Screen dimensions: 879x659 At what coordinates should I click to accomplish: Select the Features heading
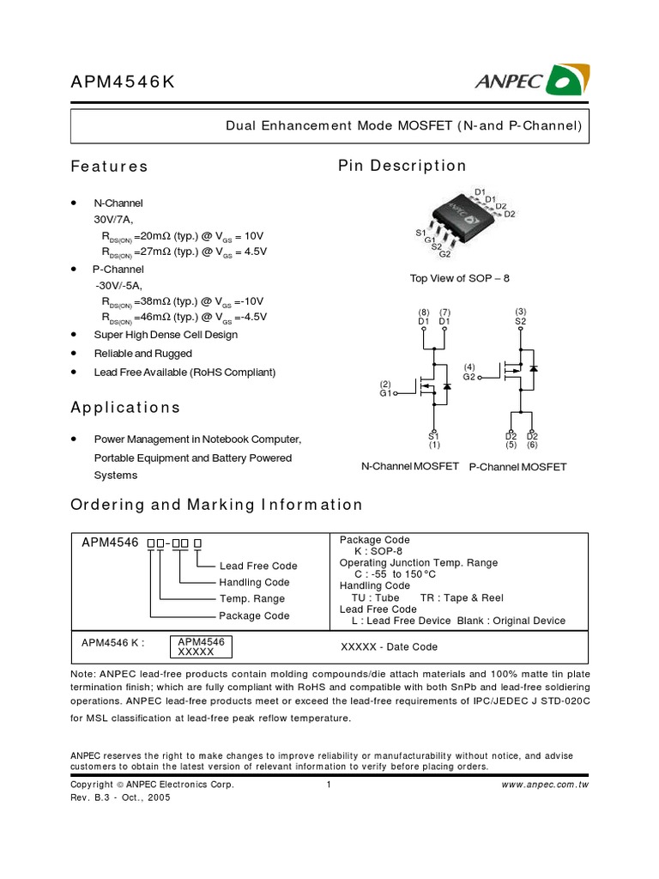[x=109, y=167]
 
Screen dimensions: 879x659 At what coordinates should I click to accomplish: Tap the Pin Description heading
[x=402, y=166]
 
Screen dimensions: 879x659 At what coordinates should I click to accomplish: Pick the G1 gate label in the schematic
[x=385, y=393]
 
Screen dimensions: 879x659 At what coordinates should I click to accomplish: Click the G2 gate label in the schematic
[x=469, y=377]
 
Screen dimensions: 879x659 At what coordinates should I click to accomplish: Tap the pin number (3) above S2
[x=520, y=311]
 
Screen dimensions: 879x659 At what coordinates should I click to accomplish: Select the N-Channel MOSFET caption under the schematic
[x=411, y=465]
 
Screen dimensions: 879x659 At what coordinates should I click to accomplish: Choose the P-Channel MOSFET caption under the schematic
[x=517, y=466]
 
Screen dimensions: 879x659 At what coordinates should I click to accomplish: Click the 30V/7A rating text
[x=114, y=220]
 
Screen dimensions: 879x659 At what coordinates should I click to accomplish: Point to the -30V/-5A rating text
[x=119, y=285]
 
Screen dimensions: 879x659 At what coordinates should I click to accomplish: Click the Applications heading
[x=125, y=407]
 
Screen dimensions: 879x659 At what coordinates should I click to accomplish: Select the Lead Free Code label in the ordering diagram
[x=258, y=566]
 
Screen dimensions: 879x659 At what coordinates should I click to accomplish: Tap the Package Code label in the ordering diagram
[x=254, y=615]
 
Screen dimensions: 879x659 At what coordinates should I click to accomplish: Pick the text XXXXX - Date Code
[x=389, y=646]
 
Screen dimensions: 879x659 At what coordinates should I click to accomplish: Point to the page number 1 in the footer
[x=329, y=785]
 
